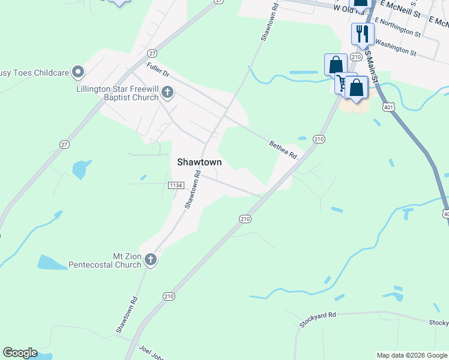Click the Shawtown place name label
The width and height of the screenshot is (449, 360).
pos(199,162)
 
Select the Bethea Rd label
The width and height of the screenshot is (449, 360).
pos(283,149)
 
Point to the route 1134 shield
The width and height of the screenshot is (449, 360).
pos(175,186)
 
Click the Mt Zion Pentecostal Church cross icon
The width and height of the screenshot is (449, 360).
pos(150,259)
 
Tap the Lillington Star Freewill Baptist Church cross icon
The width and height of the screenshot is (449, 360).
pos(167,92)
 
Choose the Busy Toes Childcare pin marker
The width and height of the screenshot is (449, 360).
pos(78,73)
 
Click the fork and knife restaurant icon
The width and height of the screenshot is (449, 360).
pos(361,33)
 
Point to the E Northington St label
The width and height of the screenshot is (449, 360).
pos(397,26)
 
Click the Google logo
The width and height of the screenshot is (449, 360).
pos(20,353)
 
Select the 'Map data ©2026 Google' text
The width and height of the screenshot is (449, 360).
pos(412,355)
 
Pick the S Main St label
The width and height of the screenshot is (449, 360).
pos(373,66)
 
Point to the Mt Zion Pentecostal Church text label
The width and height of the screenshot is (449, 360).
pos(104,260)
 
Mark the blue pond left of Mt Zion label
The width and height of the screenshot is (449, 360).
pos(52,262)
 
